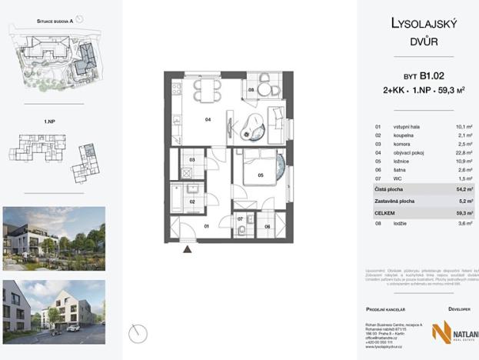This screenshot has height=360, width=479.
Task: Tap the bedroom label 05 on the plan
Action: [x=261, y=175]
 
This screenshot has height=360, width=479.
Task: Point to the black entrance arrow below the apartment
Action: [x=185, y=248]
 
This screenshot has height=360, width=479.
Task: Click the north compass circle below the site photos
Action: [x=138, y=333]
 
